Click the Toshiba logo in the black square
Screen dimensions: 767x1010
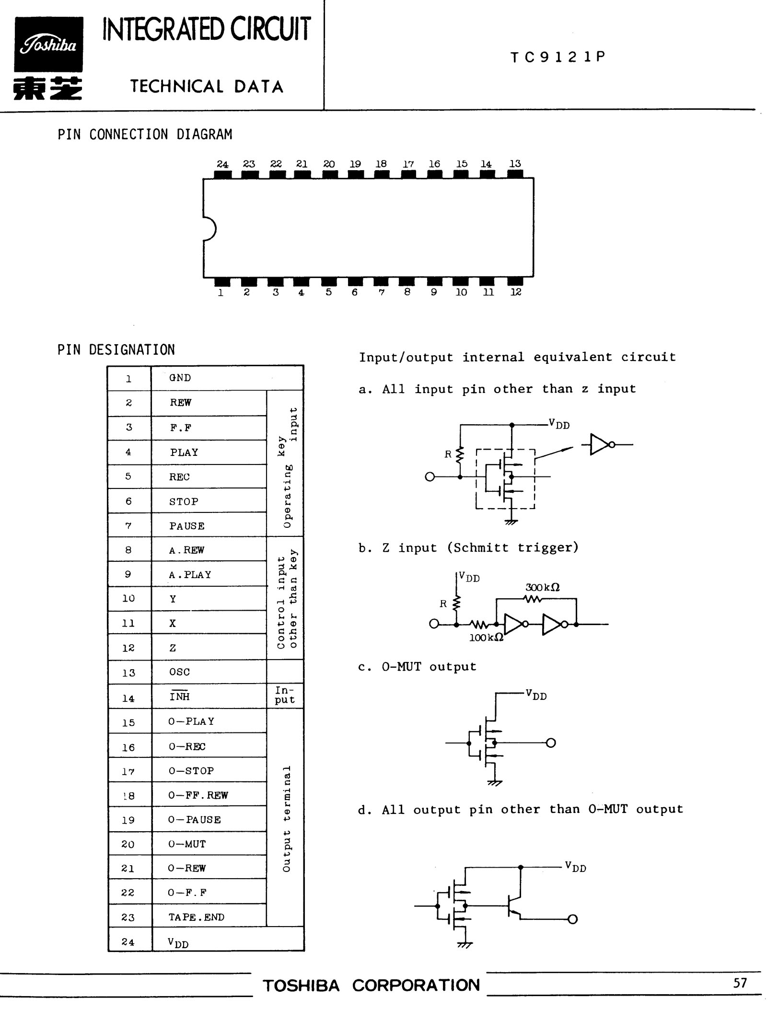48,45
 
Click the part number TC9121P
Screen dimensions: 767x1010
558,57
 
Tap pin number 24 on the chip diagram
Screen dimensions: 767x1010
222,164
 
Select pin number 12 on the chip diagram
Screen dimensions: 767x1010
516,292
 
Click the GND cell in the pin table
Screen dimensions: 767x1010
180,378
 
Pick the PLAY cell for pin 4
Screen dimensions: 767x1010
184,452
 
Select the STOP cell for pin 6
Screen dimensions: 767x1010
184,501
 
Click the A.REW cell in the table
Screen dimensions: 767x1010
186,550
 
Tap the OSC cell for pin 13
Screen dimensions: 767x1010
179,672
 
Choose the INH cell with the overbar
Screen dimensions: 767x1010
179,696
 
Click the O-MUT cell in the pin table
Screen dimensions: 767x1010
187,844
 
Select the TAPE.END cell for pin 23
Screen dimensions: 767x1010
196,917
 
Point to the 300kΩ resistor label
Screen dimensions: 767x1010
542,587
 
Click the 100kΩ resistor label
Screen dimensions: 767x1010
486,637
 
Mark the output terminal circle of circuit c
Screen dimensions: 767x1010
551,743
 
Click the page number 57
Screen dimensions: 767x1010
740,983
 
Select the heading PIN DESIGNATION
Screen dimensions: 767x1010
116,350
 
